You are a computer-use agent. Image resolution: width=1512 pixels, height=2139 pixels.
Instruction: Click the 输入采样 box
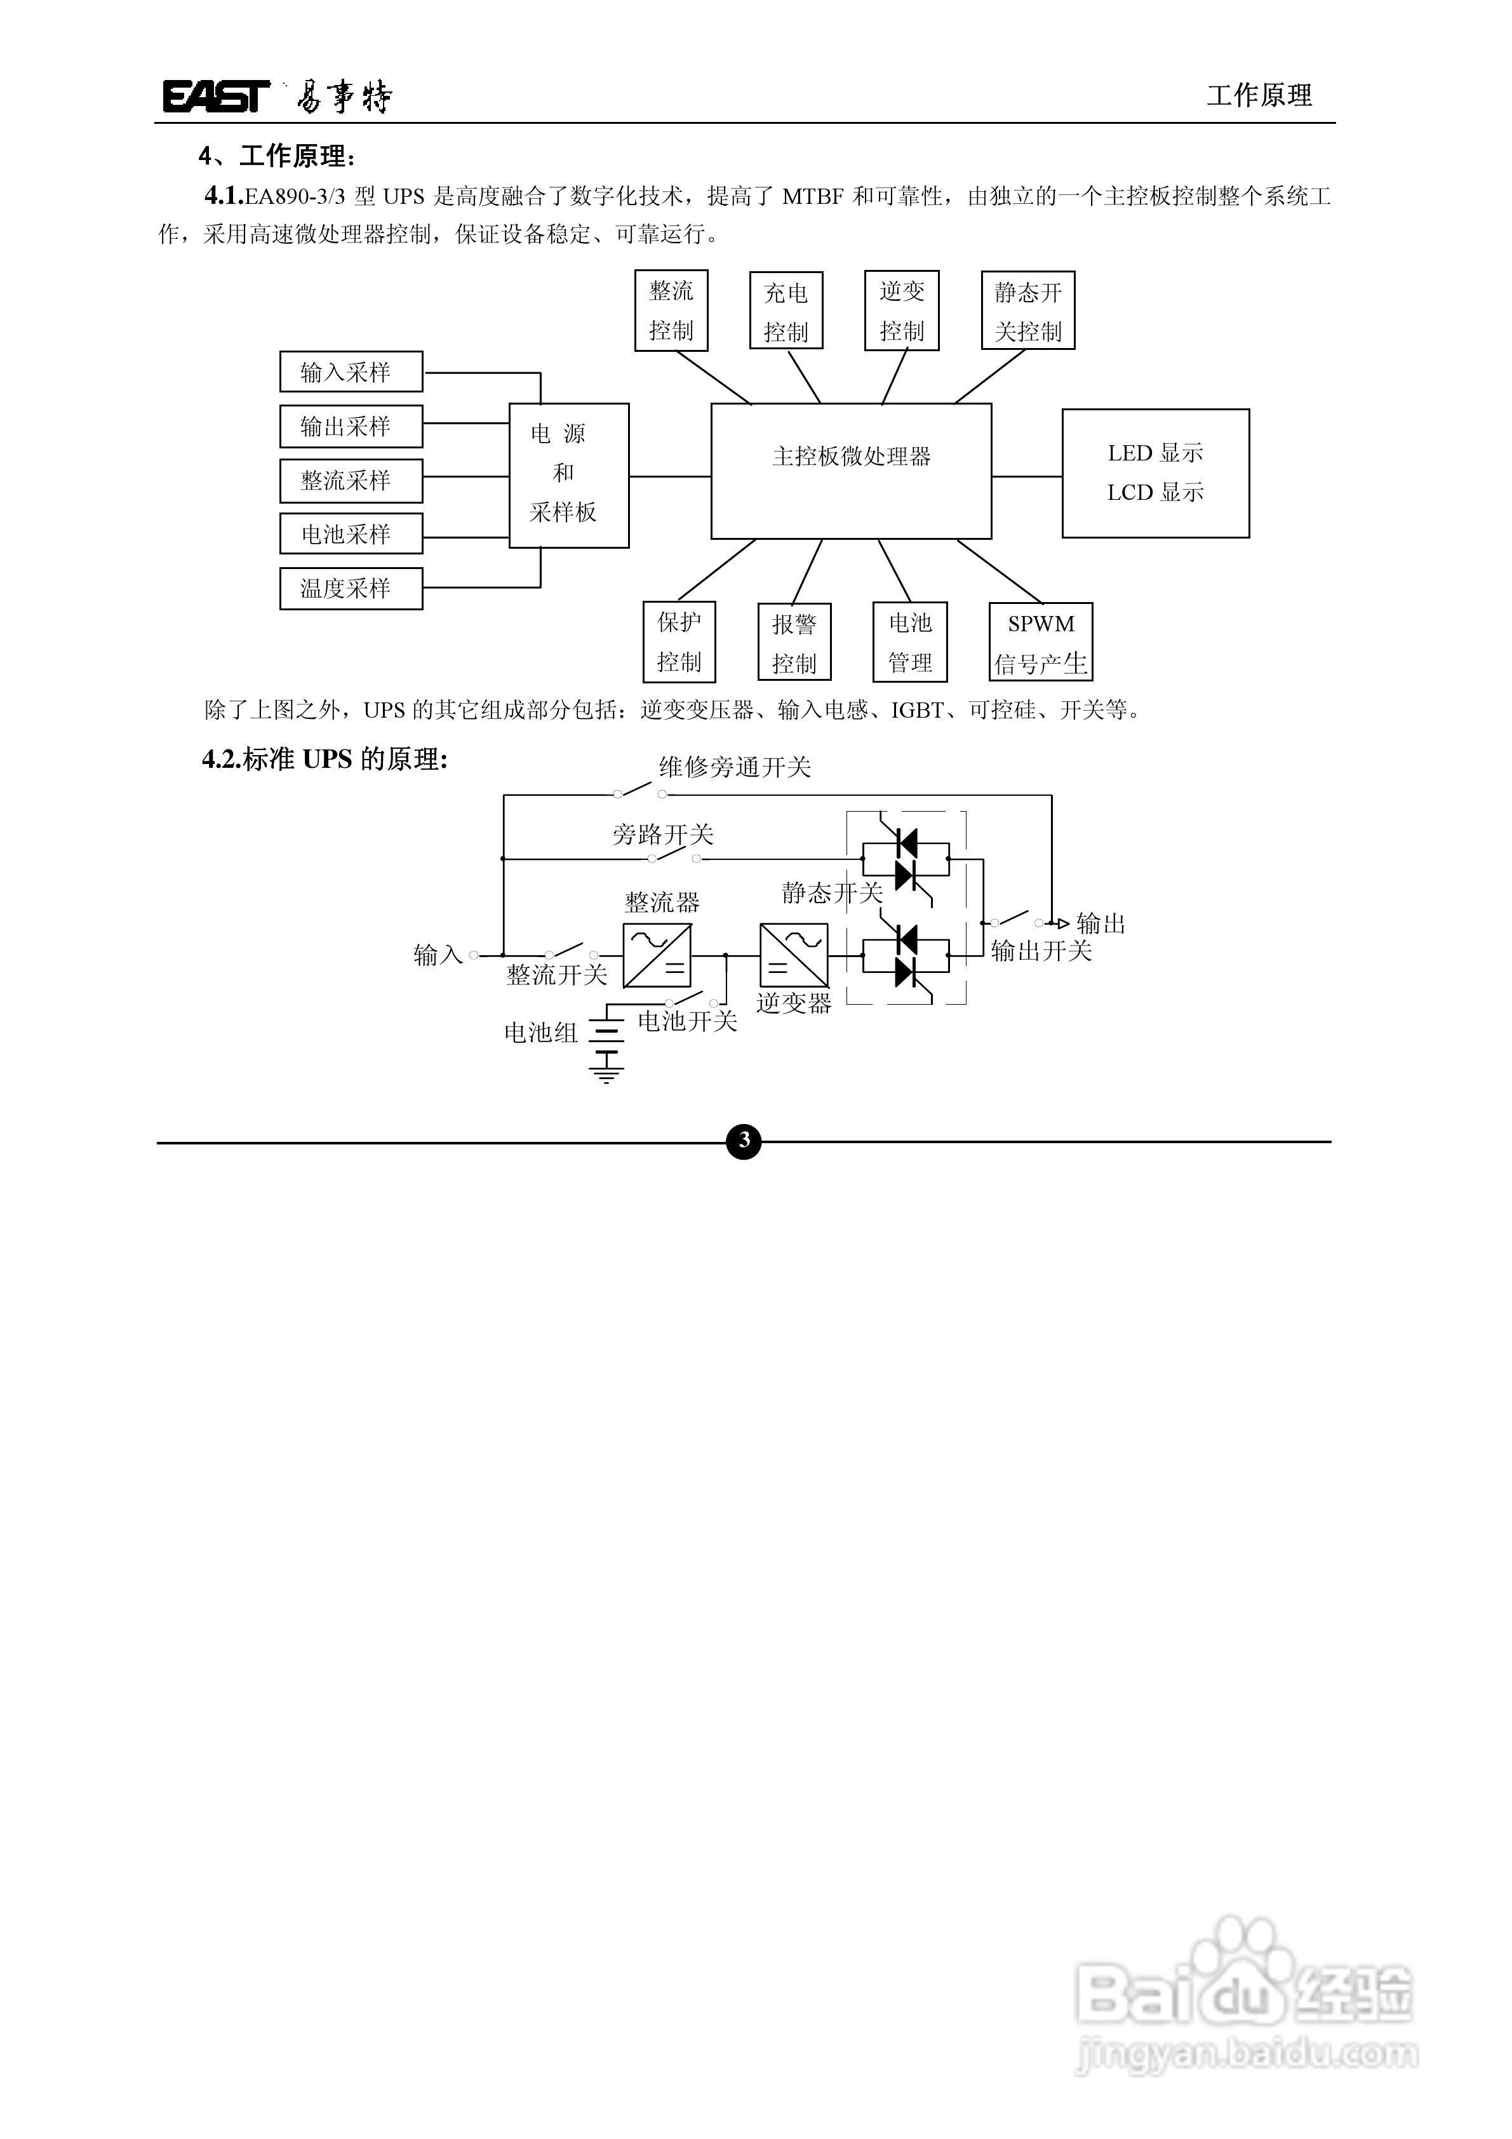351,372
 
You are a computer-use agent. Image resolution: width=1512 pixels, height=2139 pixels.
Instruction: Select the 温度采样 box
351,589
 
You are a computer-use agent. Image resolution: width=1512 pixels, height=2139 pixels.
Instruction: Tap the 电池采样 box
351,534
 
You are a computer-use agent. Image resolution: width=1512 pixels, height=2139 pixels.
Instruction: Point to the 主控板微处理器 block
850,471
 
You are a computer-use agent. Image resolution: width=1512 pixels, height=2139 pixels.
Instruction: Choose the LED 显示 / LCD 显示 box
1155,473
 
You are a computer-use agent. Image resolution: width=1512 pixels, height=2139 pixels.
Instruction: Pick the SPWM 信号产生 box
1041,642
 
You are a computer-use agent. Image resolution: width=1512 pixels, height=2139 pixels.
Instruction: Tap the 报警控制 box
794,642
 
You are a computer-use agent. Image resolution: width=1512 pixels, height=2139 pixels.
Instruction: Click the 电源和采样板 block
569,475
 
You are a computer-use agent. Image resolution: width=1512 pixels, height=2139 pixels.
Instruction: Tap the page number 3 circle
744,1140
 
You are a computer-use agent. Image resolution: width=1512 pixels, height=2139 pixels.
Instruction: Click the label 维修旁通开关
735,767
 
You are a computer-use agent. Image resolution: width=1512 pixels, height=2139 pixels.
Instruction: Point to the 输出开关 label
1041,950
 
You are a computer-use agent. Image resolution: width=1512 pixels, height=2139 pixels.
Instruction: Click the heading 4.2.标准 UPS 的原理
325,760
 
